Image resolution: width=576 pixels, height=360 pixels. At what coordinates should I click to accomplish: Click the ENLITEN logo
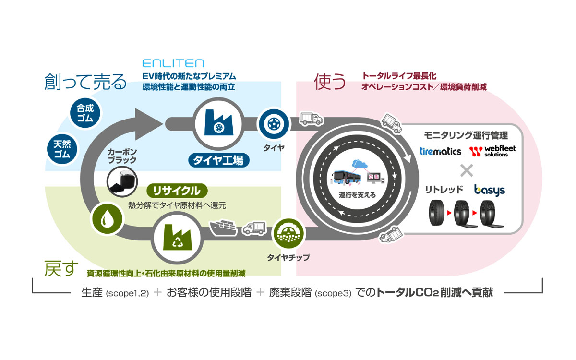pyautogui.click(x=173, y=63)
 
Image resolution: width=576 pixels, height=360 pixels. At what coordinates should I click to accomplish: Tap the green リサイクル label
pyautogui.click(x=176, y=191)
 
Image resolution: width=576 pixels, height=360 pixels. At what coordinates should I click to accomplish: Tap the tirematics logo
pyautogui.click(x=440, y=151)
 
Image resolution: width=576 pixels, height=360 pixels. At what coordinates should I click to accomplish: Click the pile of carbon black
pyautogui.click(x=120, y=181)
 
